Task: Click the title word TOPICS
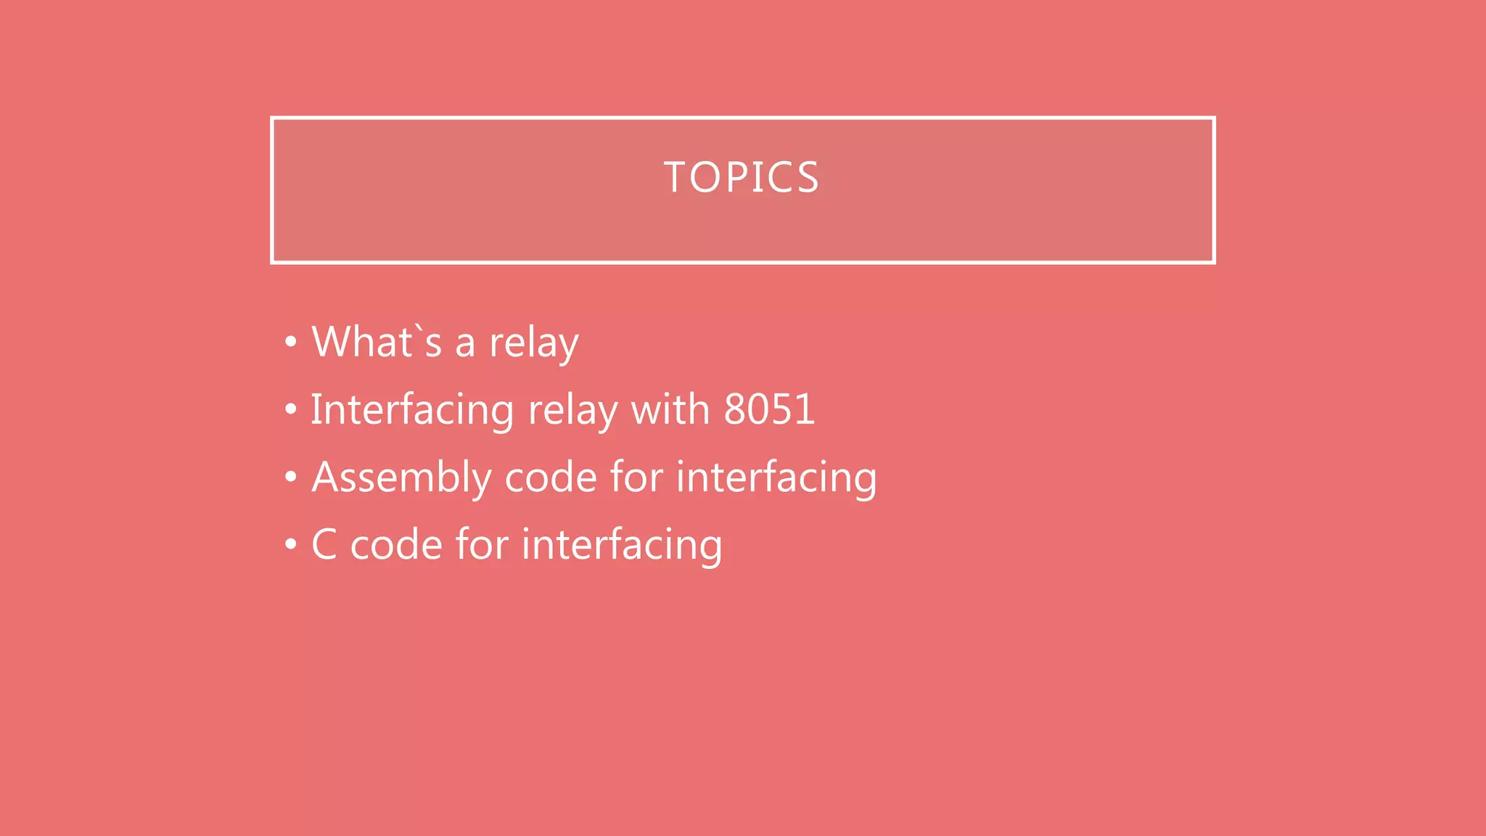pos(742,178)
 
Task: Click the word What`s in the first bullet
pos(376,342)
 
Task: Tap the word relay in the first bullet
pos(533,343)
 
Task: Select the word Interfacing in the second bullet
pos(412,410)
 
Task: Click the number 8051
pos(769,409)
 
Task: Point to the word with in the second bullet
pos(670,409)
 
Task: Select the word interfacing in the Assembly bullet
pos(776,478)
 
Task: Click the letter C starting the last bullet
pos(324,544)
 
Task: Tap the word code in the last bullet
pos(396,545)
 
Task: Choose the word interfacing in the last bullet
pos(622,545)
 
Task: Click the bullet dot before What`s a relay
pos(291,342)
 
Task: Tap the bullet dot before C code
pos(291,544)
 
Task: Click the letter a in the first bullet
pos(465,344)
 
